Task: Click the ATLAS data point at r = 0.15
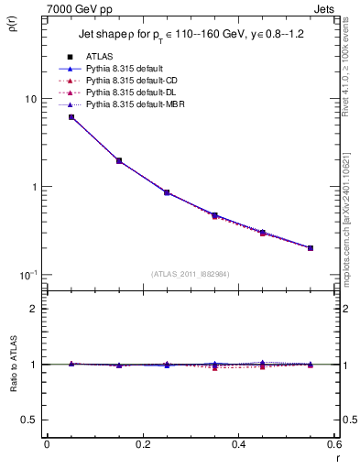tap(119, 160)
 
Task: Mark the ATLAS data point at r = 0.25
tap(167, 192)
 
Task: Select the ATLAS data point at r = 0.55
tap(311, 247)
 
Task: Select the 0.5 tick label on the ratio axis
tap(30, 420)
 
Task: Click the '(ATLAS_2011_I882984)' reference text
tap(191, 274)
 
